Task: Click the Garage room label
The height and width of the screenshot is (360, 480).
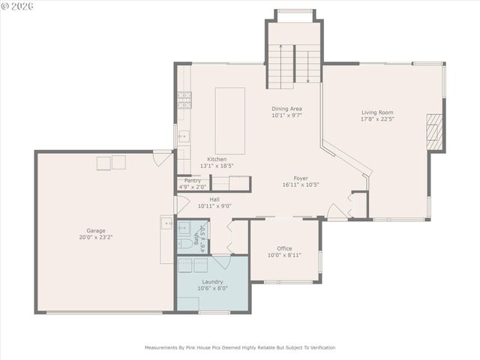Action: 95,230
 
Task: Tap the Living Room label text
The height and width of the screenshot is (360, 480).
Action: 377,112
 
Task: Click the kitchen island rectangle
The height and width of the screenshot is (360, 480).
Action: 230,121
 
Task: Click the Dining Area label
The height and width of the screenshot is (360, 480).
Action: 286,109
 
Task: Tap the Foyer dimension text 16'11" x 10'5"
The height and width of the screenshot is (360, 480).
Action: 301,184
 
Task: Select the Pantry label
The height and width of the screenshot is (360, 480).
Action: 192,180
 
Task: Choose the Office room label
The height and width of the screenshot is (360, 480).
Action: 284,248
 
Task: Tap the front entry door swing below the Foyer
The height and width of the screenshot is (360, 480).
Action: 337,211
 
